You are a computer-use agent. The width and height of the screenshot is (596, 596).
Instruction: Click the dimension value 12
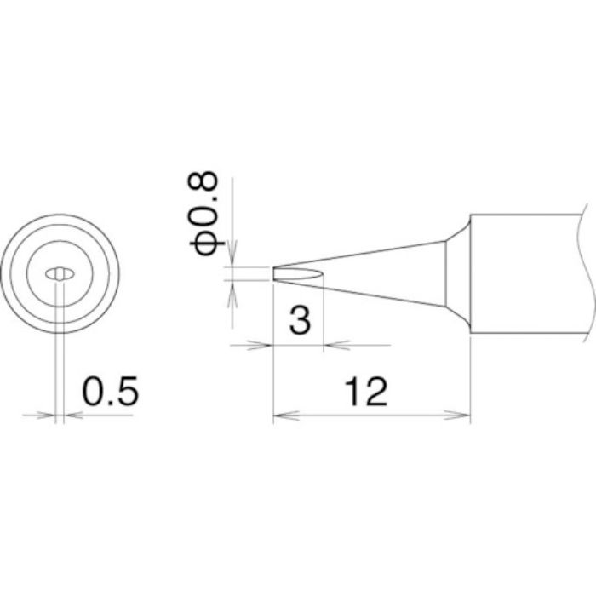tap(367, 392)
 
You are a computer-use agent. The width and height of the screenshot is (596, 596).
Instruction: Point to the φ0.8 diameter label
tap(207, 213)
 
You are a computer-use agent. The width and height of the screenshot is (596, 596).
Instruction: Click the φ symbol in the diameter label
tap(207, 242)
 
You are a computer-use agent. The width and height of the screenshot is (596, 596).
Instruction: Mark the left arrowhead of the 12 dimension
tap(280, 416)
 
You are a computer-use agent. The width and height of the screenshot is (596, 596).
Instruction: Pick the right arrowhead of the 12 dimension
tap(463, 416)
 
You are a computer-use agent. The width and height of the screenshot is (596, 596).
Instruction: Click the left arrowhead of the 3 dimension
tap(265, 346)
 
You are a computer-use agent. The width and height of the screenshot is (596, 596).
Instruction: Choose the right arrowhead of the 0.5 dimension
tap(72, 415)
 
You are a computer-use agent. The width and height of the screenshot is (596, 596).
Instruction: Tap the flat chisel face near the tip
tap(298, 274)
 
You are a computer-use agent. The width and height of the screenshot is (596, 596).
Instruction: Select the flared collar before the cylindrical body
tap(458, 273)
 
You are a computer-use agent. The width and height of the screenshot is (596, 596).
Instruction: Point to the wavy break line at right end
tap(587, 273)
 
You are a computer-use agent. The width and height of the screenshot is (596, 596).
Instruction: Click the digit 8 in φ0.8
tap(207, 182)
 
